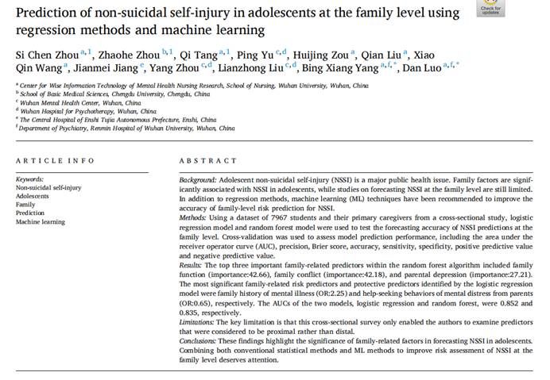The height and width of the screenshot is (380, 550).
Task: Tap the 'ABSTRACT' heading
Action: pos(208,160)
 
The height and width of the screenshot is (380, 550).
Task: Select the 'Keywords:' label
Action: pos(30,179)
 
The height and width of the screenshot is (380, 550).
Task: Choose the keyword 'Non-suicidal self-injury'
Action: pos(50,187)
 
